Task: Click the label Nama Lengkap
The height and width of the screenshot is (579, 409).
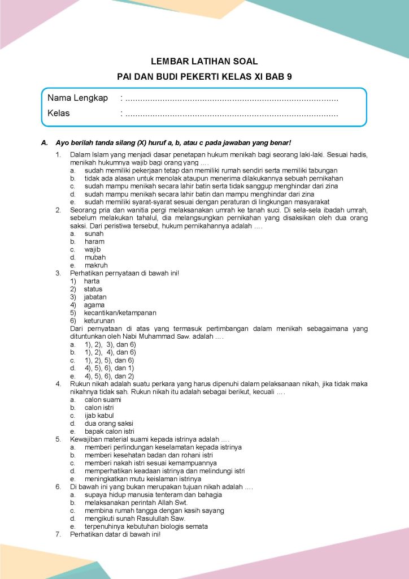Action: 77,98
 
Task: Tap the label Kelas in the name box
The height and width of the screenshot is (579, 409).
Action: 59,113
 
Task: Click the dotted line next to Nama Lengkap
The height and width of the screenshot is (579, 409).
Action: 232,99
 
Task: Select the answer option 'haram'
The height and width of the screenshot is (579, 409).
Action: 94,241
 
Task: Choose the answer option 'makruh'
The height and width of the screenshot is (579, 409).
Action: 96,265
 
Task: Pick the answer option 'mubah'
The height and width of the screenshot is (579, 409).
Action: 95,257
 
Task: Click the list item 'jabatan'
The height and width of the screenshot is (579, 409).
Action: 95,297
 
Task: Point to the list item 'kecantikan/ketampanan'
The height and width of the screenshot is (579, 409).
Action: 120,313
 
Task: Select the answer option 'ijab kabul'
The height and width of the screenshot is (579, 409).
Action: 99,415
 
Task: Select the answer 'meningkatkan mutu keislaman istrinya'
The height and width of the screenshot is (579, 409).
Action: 135,478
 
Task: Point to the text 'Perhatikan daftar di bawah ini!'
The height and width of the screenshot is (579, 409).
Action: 115,534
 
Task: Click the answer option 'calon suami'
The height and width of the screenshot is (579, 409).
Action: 102,399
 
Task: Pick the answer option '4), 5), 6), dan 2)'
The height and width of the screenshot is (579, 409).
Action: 109,375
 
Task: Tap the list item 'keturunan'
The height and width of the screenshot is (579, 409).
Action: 99,321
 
